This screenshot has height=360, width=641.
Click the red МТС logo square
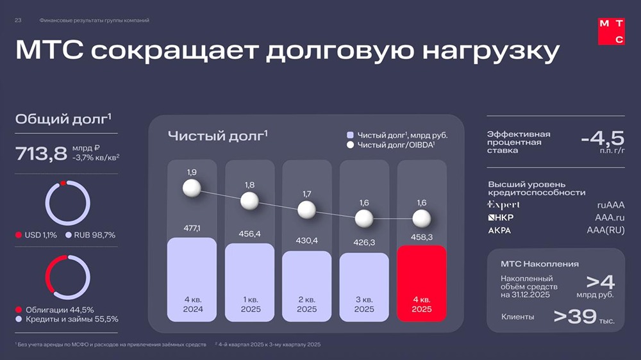611,31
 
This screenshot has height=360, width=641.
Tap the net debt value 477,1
192,228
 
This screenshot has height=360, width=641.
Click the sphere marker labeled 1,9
192,188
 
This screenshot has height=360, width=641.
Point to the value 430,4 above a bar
306,241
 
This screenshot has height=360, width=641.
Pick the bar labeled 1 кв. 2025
249,282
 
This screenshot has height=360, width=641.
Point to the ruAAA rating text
610,205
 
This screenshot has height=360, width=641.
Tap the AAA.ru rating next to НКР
609,218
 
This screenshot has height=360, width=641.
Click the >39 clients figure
576,316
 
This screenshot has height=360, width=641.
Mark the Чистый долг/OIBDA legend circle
350,145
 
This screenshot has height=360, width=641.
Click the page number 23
18,20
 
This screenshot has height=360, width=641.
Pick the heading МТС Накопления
540,263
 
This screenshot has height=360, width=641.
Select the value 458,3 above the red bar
421,237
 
